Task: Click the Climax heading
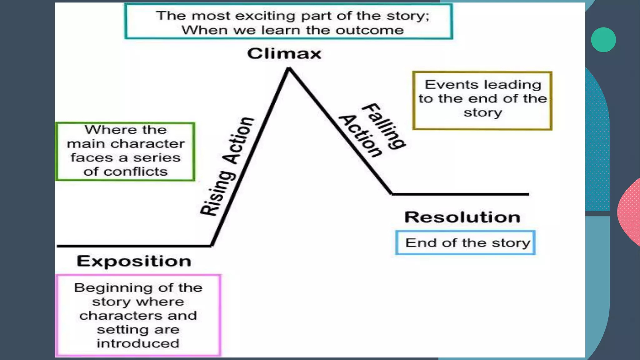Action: tap(284, 53)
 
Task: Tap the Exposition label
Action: tap(134, 261)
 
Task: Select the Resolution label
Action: tap(462, 217)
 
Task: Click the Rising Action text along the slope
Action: tap(227, 167)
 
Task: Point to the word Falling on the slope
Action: tap(384, 126)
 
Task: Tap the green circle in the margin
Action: tap(603, 40)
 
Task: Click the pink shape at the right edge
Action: tap(630, 212)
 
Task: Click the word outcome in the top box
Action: tap(369, 30)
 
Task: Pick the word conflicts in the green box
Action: tap(136, 172)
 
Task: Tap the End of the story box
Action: tap(465, 243)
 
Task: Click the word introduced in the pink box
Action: tap(138, 343)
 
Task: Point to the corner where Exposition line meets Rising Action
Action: tap(212, 246)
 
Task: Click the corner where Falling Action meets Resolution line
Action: tap(392, 194)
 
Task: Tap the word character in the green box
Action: tap(147, 144)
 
